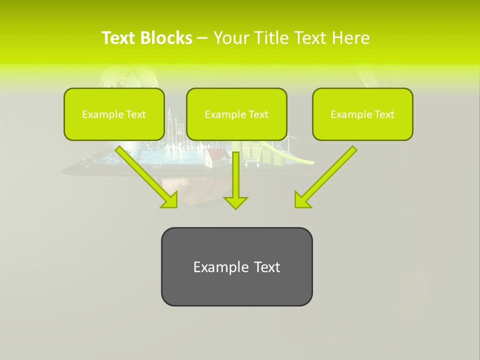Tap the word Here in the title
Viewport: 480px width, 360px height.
click(x=350, y=38)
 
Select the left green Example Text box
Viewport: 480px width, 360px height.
click(x=114, y=114)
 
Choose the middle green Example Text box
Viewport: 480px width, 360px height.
click(x=236, y=114)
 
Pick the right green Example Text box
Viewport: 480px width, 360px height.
click(x=362, y=114)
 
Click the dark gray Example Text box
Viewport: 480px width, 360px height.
click(x=236, y=266)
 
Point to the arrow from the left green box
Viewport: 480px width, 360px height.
click(x=145, y=175)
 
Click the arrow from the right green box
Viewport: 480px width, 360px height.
click(x=327, y=175)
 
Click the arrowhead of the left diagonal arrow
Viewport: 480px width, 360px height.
click(x=168, y=199)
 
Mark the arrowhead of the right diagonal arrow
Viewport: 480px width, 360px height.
click(x=303, y=199)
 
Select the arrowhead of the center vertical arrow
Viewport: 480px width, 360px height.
click(x=235, y=202)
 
